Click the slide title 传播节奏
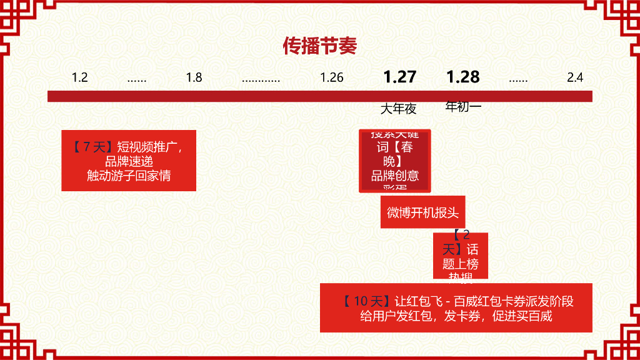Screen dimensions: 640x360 (319, 46)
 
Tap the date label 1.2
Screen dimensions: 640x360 (79, 78)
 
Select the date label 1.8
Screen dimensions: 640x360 (194, 78)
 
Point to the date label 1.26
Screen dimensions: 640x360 (332, 78)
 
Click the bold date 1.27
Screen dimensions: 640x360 (399, 77)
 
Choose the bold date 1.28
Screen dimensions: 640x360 (462, 77)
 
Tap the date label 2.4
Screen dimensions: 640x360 (575, 78)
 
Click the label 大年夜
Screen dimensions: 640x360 (398, 109)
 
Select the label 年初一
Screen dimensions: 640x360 (463, 107)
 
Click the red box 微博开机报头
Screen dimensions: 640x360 (422, 212)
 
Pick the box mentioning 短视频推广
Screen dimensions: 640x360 (129, 161)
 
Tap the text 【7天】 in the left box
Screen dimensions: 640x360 (91, 147)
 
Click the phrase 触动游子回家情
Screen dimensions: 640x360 (129, 176)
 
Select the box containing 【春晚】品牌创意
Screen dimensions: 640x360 (395, 161)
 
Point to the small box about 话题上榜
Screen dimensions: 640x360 (461, 256)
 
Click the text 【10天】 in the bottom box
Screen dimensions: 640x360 (366, 301)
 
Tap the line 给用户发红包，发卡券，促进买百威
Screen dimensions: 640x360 (456, 316)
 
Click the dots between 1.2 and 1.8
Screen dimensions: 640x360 (137, 79)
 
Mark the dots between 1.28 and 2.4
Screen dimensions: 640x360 (518, 79)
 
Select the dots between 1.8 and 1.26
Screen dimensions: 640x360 (261, 79)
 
